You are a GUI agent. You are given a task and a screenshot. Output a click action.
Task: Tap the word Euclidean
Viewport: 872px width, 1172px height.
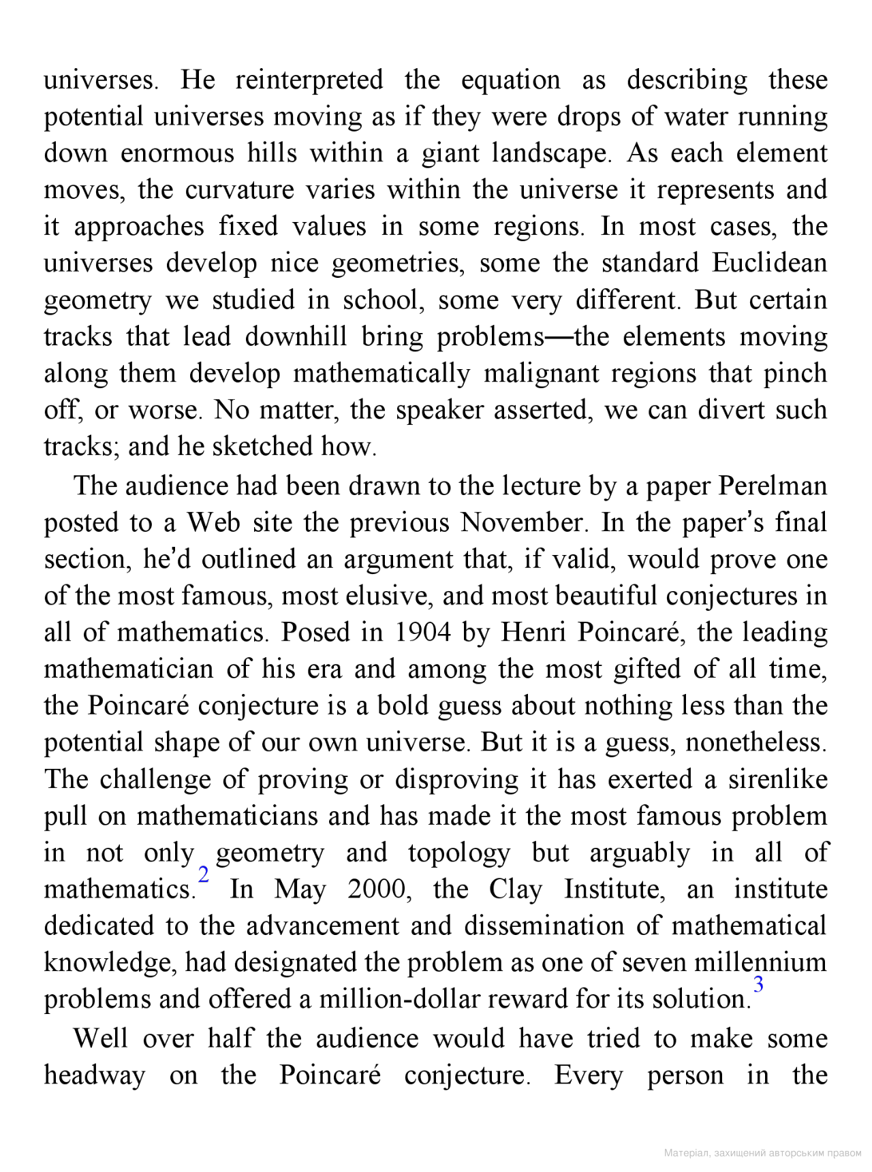[x=770, y=263]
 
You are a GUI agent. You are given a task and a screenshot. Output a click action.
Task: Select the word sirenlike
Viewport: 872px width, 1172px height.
[x=777, y=779]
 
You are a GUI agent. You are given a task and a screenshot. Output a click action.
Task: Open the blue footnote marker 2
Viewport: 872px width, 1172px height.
[x=203, y=874]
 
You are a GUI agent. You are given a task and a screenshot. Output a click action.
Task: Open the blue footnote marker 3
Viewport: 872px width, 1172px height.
[x=758, y=984]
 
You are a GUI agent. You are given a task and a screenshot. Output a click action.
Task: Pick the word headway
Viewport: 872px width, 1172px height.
[x=95, y=1075]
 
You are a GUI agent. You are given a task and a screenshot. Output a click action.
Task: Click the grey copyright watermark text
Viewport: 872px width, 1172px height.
[x=762, y=1153]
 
